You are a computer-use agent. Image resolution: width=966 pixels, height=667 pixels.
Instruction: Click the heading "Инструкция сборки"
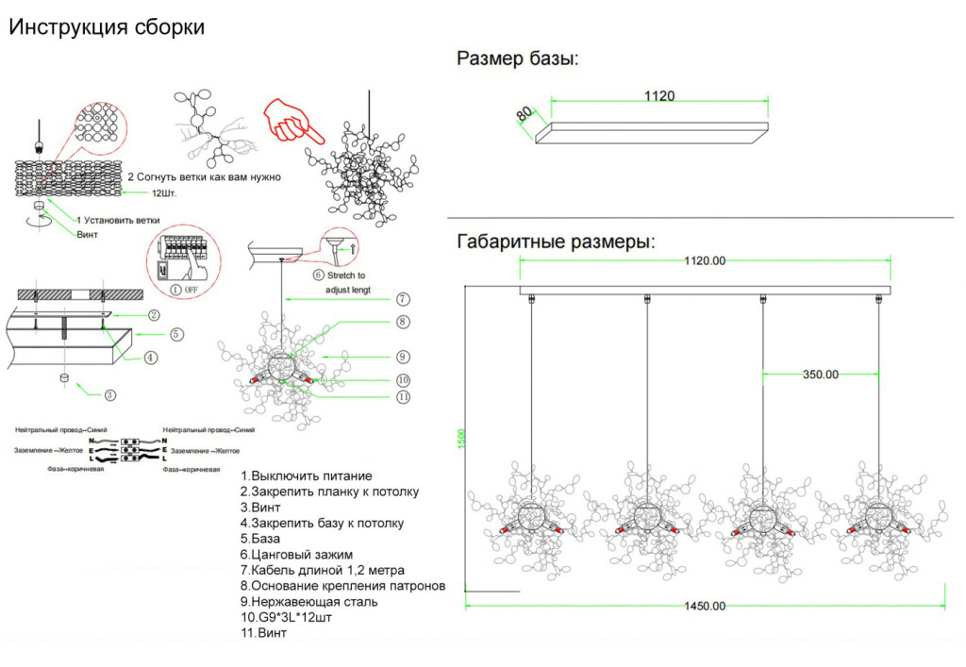pos(107,27)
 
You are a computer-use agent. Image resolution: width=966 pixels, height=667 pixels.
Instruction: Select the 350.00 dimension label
pos(820,374)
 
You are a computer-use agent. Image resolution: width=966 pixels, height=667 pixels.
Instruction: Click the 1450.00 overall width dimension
pos(706,606)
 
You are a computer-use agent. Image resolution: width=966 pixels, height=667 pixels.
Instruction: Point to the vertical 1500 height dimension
pos(461,439)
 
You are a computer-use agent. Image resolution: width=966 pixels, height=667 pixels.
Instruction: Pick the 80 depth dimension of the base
pos(525,113)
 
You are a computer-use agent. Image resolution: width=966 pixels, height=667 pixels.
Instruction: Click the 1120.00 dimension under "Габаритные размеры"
pos(706,260)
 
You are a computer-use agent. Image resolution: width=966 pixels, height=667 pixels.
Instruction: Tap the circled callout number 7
pos(402,299)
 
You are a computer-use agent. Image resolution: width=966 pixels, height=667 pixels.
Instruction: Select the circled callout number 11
pos(403,397)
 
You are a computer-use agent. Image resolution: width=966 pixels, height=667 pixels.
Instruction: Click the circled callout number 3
pos(110,395)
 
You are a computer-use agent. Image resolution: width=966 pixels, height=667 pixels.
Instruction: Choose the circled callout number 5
pos(176,334)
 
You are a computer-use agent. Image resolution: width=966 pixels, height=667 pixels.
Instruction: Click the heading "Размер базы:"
pos(518,59)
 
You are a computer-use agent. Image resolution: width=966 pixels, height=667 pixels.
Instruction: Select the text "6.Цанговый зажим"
pos(296,555)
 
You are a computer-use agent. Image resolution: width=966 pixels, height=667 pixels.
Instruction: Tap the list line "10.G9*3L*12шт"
pos(286,617)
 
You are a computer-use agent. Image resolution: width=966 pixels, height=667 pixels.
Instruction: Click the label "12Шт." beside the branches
pos(165,192)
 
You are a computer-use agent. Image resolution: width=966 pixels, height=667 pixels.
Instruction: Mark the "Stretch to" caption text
pos(345,276)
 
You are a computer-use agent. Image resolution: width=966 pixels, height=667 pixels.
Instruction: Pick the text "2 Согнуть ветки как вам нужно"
pos(205,176)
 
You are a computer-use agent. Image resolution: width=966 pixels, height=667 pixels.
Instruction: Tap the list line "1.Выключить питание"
pos(306,476)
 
